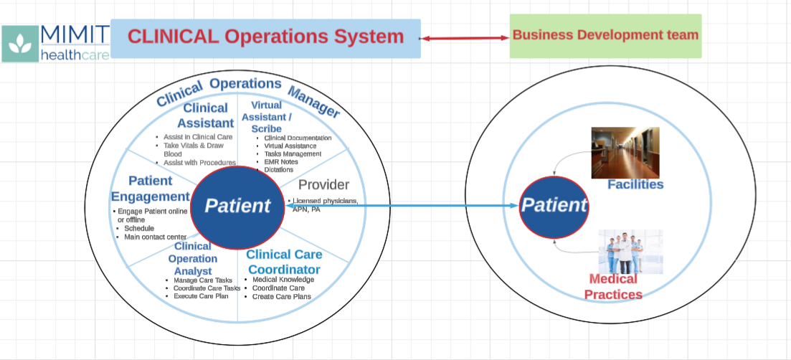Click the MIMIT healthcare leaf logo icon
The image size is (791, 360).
click(21, 44)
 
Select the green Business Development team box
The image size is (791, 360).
click(605, 35)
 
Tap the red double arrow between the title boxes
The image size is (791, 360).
click(465, 37)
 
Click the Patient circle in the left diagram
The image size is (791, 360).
click(238, 206)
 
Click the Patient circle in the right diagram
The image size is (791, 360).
click(554, 206)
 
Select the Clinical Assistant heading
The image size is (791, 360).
click(206, 115)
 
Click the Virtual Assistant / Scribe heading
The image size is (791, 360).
click(267, 117)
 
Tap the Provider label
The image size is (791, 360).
click(323, 185)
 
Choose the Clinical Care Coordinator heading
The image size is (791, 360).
click(284, 262)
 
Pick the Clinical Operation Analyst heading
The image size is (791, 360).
click(193, 259)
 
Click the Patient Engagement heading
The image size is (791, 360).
click(150, 189)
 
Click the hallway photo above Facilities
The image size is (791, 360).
click(625, 153)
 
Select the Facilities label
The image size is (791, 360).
click(635, 185)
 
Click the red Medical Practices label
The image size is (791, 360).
click(612, 287)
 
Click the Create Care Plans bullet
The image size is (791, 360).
click(281, 296)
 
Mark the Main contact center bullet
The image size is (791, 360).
click(155, 237)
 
